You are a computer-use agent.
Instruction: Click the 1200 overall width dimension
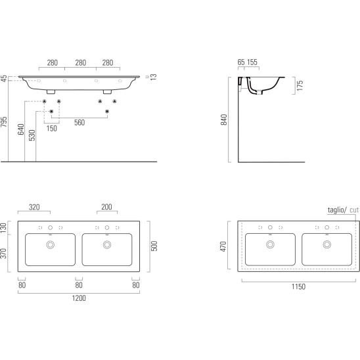coord(79,298)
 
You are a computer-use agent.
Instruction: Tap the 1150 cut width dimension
coord(298,286)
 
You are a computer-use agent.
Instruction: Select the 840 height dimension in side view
coord(224,120)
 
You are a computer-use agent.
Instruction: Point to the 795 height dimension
coord(4,122)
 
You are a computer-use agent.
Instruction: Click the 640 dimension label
coord(21,129)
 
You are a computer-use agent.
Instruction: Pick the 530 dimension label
coord(32,135)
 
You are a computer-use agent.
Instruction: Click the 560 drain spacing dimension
coord(79,123)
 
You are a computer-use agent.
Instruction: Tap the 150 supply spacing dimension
coord(52,129)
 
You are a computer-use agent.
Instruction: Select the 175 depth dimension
coord(300,85)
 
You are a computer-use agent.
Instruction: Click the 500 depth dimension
coord(154,246)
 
